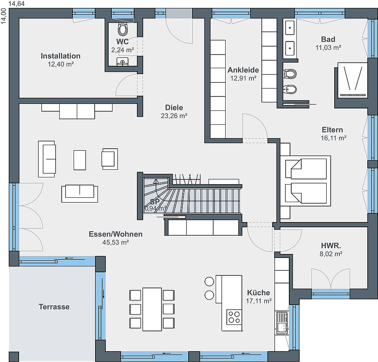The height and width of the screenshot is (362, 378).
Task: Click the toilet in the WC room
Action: coord(123,29)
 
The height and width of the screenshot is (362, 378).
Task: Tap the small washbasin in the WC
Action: coord(123,61)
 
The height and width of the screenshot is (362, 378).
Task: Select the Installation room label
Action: coord(60,56)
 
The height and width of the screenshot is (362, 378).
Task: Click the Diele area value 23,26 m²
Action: coord(174,116)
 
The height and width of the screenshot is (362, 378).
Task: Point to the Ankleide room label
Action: coord(243,70)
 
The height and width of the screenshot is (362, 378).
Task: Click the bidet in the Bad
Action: coord(290,89)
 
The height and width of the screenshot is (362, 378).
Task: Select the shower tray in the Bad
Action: coord(353,80)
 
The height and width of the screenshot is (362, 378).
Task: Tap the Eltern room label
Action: coord(332,130)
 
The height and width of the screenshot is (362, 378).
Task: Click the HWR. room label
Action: coord(331,246)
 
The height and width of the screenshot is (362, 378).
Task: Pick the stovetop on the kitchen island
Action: coord(234,317)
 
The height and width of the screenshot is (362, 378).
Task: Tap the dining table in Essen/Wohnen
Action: coord(152,309)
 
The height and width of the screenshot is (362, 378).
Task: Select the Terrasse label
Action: coord(54,307)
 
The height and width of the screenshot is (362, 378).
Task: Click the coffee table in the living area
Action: coord(80,160)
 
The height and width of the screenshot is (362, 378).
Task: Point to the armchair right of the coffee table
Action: coord(110,159)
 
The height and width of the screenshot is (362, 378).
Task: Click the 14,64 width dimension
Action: coord(17,4)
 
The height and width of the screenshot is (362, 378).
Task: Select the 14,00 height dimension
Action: coord(4,16)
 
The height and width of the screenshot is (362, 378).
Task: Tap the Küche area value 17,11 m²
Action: coord(259,301)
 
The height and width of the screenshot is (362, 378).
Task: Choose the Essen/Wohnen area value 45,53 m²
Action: coord(115,242)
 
